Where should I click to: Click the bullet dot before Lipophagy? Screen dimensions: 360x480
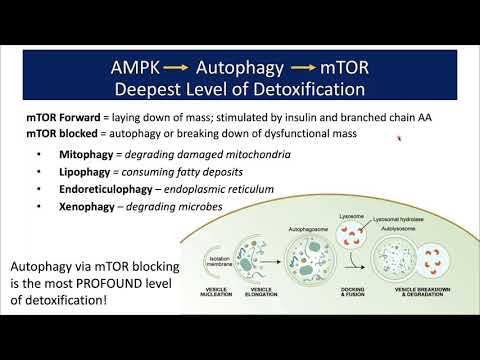[x=38, y=173]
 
